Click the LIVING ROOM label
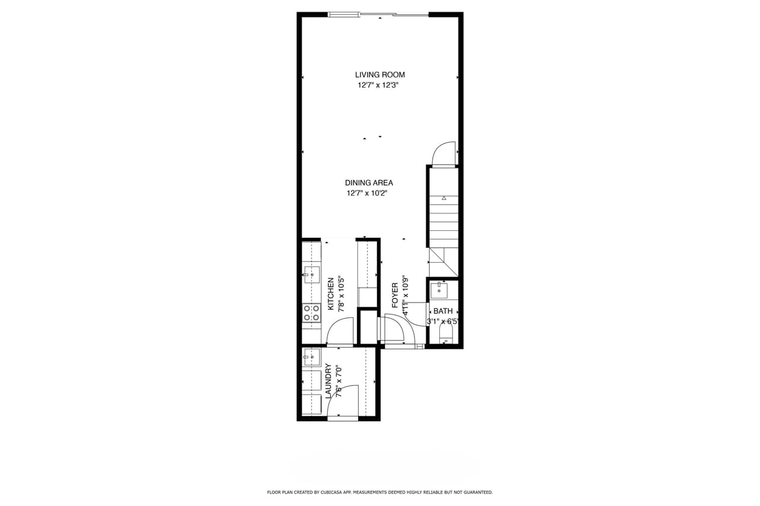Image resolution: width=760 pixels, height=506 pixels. coord(380,75)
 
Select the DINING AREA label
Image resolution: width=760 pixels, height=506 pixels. coord(369,183)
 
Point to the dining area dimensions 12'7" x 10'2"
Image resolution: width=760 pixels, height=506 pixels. coord(370,193)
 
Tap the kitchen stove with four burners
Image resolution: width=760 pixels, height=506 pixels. coord(312,313)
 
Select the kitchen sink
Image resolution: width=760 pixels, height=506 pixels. coord(312,275)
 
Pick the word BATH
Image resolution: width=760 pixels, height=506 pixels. coord(443,311)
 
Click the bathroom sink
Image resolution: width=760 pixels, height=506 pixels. coord(439,291)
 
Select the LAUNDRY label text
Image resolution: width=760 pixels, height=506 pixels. coord(328,381)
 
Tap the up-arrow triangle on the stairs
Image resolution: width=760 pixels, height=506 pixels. coord(444,198)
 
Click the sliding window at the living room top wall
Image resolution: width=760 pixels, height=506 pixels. coord(378,14)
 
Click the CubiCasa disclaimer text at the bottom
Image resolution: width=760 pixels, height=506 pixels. coord(380,492)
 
